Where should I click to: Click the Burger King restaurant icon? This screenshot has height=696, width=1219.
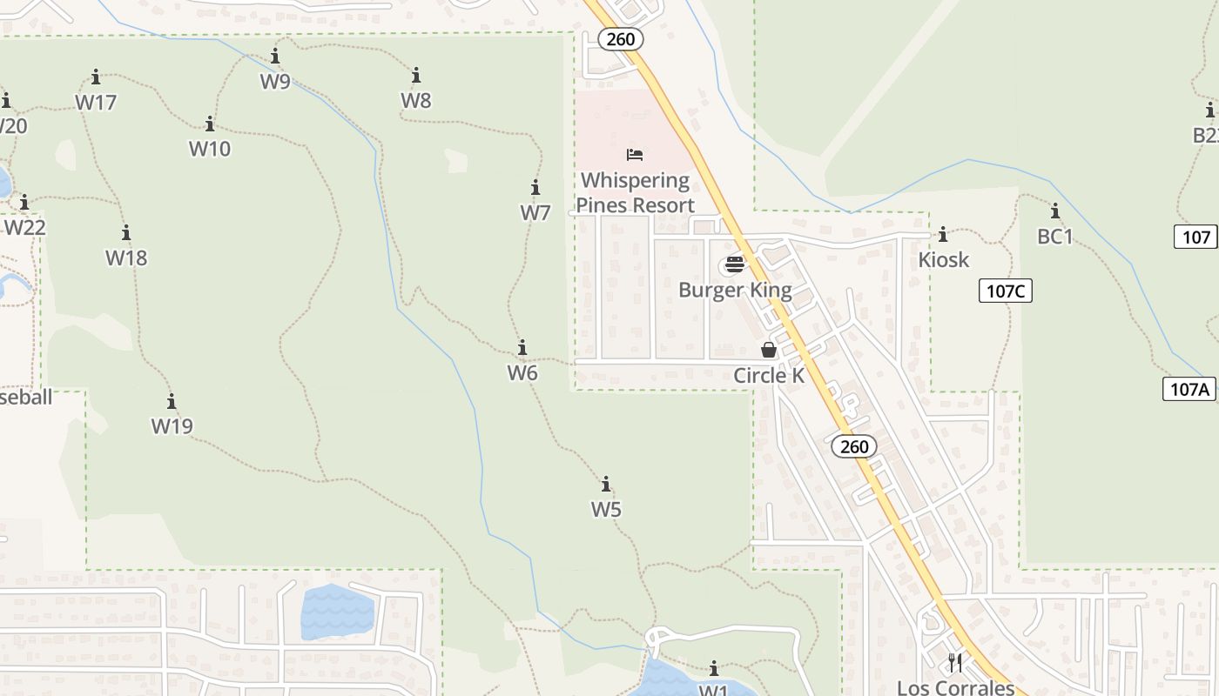[735, 264]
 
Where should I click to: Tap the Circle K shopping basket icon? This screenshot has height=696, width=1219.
[769, 350]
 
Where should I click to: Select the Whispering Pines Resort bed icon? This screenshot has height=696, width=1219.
[635, 155]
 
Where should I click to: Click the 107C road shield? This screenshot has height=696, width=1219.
[1006, 291]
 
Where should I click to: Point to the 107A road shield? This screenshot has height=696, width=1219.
[1189, 389]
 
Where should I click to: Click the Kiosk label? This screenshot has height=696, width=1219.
[943, 259]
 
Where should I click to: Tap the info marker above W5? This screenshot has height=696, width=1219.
[606, 485]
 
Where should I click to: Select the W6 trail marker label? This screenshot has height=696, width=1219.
[522, 372]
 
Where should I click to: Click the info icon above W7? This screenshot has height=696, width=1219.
[535, 188]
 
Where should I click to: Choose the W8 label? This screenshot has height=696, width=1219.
[416, 100]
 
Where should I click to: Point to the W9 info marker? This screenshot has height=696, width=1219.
[275, 57]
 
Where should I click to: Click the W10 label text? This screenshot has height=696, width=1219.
[210, 149]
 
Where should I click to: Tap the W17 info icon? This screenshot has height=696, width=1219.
[96, 77]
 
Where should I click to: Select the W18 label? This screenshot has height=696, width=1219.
[126, 258]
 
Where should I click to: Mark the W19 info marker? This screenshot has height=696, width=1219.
[172, 401]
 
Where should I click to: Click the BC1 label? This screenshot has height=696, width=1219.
[1055, 236]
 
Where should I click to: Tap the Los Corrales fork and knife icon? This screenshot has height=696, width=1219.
[955, 663]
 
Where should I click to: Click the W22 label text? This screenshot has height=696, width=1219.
[25, 227]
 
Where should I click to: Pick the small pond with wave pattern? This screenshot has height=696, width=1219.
[337, 612]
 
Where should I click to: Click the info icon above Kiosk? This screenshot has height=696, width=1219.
[943, 235]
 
